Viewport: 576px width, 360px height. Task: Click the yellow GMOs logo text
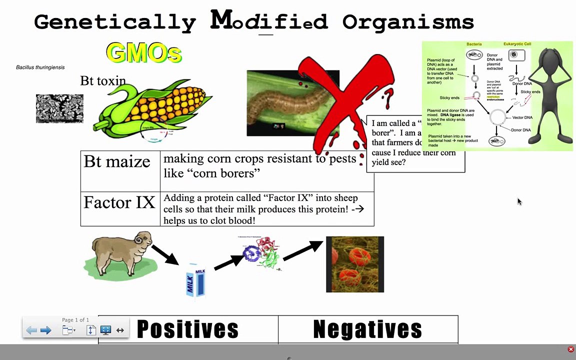click(143, 52)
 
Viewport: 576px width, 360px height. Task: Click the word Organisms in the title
click(408, 22)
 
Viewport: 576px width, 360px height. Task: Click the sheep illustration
click(121, 254)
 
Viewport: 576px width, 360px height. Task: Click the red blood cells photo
click(354, 264)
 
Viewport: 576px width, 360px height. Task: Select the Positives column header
click(187, 329)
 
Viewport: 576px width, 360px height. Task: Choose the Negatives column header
click(367, 329)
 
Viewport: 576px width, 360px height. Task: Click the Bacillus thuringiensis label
click(40, 67)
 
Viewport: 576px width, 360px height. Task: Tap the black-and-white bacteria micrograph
click(59, 108)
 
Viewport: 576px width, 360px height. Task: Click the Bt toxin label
click(103, 81)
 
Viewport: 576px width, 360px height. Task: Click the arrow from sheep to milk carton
click(165, 254)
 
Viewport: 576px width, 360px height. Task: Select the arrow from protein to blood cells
click(303, 250)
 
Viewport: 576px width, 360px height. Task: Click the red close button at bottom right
click(570, 349)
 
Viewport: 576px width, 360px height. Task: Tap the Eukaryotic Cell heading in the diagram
click(517, 44)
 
